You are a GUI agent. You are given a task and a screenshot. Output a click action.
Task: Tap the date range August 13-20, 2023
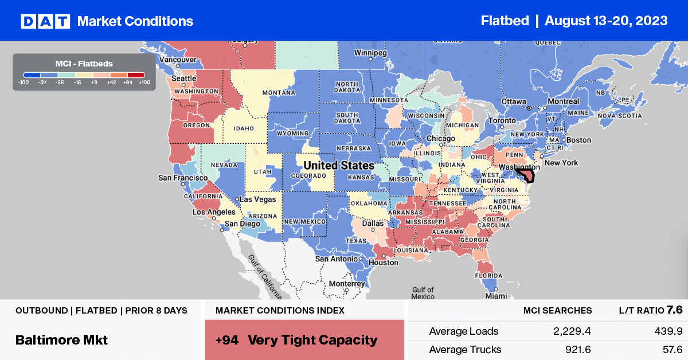pos(606,21)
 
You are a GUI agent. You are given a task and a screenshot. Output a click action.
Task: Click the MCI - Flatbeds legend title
pos(84,63)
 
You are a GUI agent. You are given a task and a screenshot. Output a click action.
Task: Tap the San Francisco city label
pos(183,178)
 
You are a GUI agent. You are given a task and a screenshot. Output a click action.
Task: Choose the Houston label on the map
pos(384,263)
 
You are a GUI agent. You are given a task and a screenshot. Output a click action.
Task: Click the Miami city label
pos(496,296)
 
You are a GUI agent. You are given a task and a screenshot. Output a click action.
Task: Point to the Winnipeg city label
pos(371,52)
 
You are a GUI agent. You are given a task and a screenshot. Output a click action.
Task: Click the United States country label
pos(339,165)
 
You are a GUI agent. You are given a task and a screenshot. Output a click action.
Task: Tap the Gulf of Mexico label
pos(423,293)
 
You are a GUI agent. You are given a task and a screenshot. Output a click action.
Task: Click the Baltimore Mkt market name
pos(62,339)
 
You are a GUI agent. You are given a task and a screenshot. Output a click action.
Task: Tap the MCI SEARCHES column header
pos(557,311)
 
